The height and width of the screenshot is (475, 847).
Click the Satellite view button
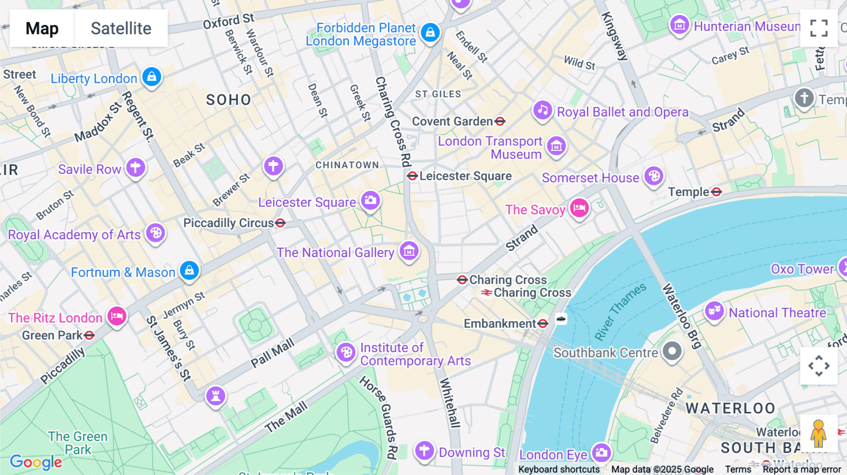121,28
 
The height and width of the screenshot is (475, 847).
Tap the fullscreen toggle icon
819,28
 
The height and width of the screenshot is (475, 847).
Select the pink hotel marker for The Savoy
579,207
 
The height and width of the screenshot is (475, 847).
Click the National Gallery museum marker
409,251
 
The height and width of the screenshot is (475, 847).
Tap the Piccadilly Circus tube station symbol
280,223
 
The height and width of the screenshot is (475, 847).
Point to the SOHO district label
229,100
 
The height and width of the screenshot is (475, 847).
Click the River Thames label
620,312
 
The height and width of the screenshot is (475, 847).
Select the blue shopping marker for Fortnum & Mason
190,270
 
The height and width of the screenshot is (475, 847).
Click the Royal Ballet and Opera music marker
543,111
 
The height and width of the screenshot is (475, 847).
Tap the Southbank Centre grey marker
672,351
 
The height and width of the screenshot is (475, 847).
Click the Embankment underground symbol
543,324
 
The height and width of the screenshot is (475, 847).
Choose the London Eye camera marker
601,452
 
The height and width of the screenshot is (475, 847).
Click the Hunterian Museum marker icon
679,24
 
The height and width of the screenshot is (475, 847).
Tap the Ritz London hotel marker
117,316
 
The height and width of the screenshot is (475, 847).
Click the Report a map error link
802,469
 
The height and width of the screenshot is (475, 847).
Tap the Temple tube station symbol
716,192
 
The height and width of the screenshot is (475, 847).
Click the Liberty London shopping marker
152,76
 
